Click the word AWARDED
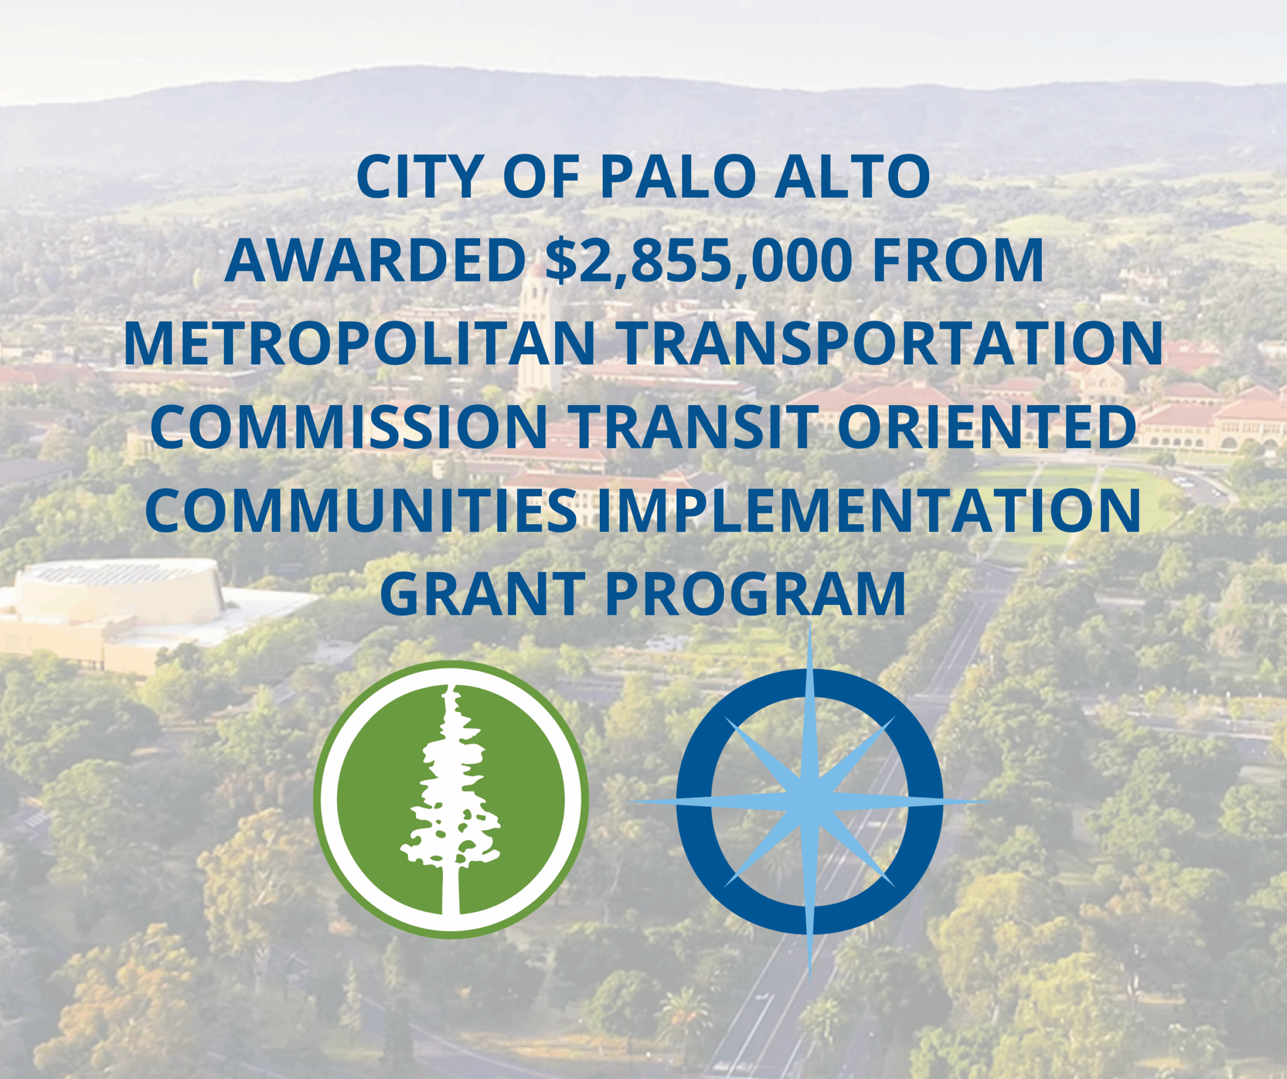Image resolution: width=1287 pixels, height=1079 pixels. (375, 260)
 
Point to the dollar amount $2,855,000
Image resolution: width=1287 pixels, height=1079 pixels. (699, 261)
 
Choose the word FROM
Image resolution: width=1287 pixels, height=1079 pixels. (958, 260)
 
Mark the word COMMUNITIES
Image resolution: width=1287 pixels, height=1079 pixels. (361, 509)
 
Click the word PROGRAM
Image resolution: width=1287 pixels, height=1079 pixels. (755, 593)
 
